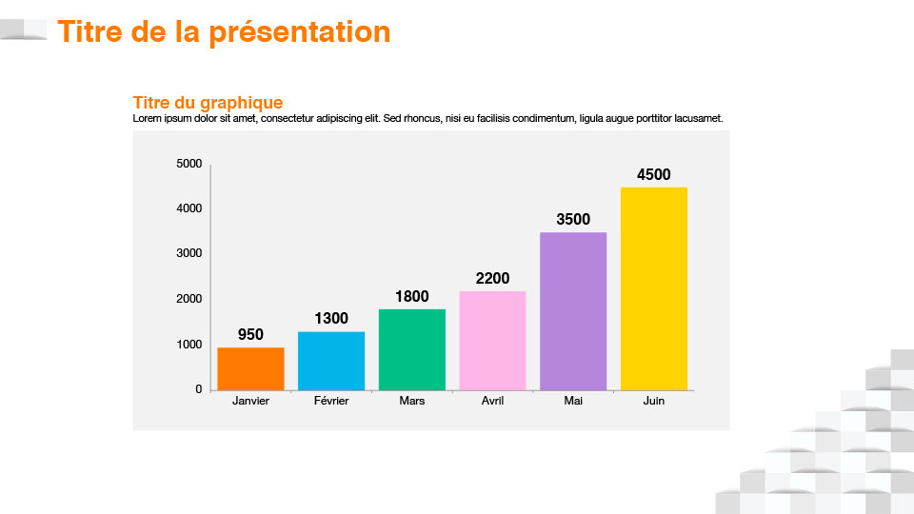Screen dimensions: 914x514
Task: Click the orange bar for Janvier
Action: [250, 369]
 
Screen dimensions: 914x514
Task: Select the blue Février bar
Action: [331, 362]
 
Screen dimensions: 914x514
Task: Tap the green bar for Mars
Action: [412, 349]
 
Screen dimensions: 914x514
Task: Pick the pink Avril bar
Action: [492, 341]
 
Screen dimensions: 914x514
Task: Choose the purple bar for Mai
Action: [573, 311]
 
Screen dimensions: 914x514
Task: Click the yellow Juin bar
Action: [654, 289]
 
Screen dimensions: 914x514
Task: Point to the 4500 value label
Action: [654, 174]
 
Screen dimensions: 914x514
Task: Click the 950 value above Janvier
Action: [250, 334]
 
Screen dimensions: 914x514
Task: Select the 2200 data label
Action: [492, 278]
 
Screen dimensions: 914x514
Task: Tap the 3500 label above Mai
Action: [573, 219]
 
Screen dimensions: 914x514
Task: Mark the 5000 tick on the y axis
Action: [189, 164]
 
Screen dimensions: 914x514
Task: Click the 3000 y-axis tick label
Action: [189, 253]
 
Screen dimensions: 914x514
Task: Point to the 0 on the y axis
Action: [199, 388]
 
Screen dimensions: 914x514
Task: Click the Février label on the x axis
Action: [331, 401]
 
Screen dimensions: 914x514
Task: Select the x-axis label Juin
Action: [654, 401]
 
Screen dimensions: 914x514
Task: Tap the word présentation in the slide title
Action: [300, 32]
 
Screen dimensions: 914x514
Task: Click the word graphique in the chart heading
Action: [241, 103]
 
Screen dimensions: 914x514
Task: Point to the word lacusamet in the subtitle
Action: [698, 118]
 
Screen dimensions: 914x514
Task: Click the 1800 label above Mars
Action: [412, 296]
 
